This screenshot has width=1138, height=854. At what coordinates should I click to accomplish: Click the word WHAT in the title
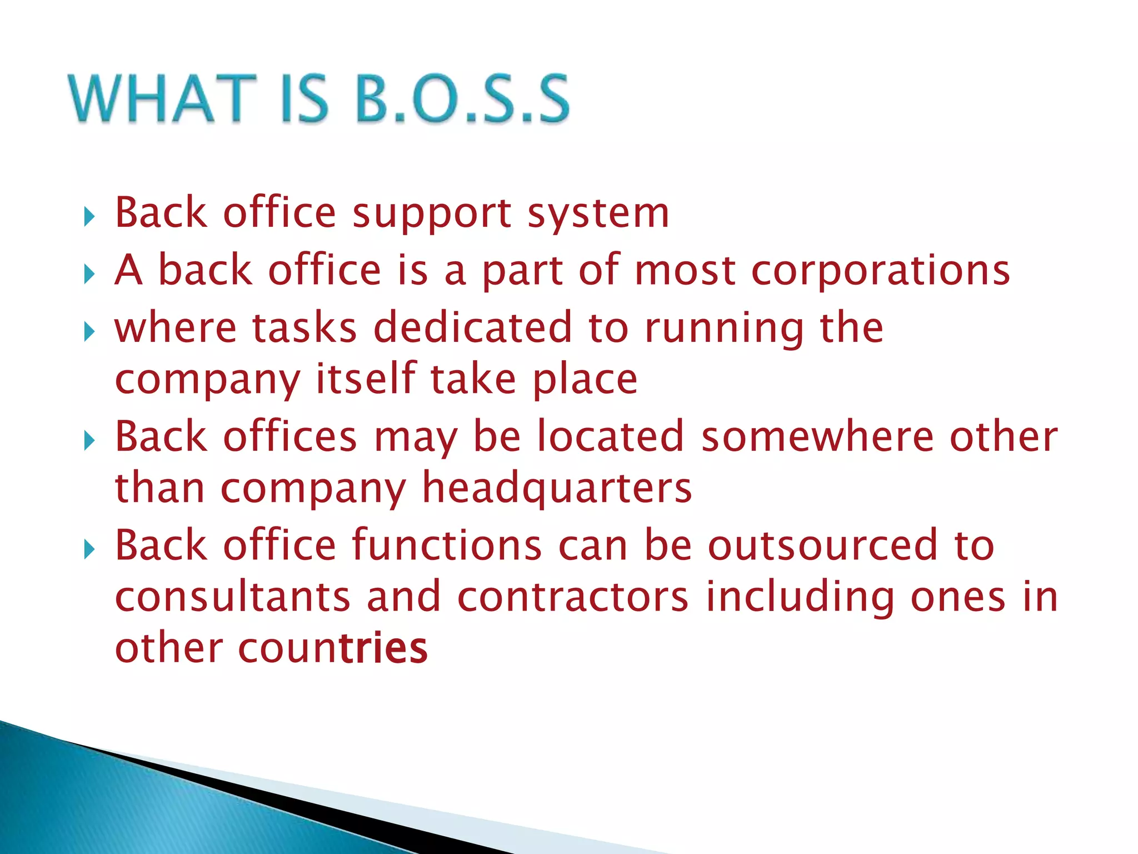tap(162, 98)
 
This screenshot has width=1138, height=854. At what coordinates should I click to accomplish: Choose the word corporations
tap(880, 271)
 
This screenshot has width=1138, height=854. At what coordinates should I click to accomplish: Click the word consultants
tap(232, 597)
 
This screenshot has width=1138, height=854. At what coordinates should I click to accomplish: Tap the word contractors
tap(573, 597)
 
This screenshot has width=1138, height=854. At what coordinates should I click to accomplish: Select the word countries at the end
tap(333, 648)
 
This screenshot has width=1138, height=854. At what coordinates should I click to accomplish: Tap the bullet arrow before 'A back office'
tap(89, 274)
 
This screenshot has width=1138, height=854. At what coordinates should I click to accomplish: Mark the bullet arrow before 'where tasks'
tap(89, 332)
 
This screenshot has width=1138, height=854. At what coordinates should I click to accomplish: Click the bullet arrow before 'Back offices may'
tap(89, 441)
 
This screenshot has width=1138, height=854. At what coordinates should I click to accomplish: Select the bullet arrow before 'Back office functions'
tap(89, 550)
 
